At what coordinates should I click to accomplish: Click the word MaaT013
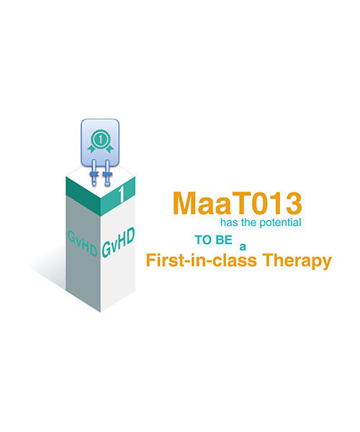237,203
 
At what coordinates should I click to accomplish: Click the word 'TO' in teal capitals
204,240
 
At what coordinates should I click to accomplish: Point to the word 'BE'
224,240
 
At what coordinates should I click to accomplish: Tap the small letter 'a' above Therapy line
243,247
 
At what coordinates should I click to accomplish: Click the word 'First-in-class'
202,260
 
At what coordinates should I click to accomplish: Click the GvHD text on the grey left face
83,244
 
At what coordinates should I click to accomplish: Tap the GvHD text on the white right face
118,243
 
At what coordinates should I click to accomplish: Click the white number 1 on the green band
121,194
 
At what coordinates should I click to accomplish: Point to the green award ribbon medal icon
100,141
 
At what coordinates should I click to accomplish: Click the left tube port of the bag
94,173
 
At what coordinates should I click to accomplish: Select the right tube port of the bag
107,173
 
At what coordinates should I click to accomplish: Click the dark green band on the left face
84,196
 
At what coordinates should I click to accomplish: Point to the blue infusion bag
100,143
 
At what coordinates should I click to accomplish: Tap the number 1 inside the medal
101,140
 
